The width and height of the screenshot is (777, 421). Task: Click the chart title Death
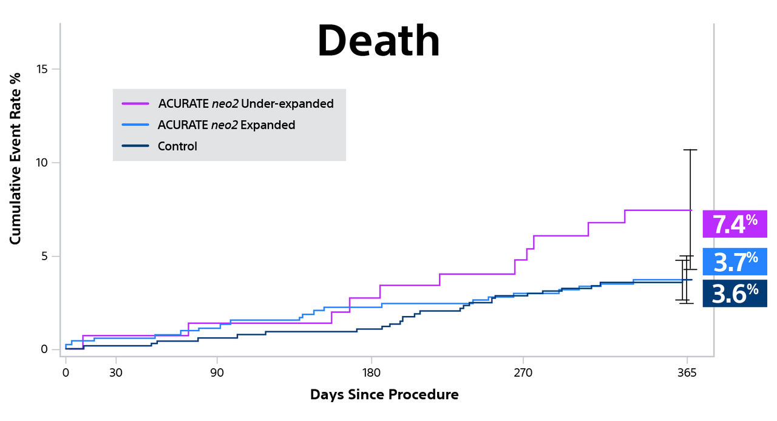click(378, 41)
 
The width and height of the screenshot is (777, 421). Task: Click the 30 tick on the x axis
click(116, 372)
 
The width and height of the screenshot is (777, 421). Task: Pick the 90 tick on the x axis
click(217, 372)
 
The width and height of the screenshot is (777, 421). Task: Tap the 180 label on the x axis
click(371, 372)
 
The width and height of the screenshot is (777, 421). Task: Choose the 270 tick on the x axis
click(523, 372)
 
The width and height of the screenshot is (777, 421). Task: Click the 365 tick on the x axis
click(687, 372)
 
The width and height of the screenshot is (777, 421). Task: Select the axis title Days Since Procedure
click(384, 395)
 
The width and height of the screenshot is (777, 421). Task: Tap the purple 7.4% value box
click(735, 224)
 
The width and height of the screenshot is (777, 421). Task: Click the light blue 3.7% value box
click(735, 261)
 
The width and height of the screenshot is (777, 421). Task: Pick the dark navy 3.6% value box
click(735, 293)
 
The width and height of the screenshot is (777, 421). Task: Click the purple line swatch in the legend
click(135, 104)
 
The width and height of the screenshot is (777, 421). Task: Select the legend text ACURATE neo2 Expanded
click(226, 125)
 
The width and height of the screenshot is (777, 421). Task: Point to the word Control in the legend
click(177, 146)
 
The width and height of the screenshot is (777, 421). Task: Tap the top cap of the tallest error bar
click(690, 150)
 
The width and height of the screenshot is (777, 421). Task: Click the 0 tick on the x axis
click(66, 372)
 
